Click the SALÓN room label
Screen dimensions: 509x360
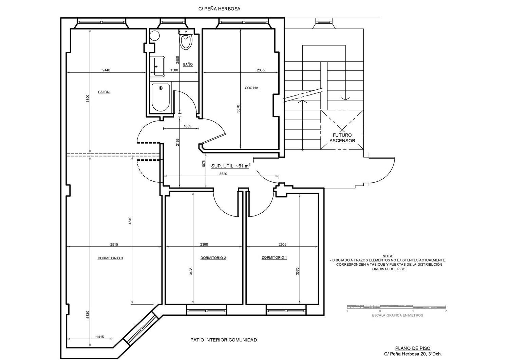click(104, 92)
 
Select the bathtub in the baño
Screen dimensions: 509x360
click(161, 98)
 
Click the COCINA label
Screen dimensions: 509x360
click(251, 88)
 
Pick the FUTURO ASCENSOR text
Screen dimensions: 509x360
click(342, 138)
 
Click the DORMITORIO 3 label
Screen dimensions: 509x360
click(110, 258)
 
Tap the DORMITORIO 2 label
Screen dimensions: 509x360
click(213, 258)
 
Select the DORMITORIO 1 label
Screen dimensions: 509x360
click(274, 257)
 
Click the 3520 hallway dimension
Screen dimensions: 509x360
click(223, 174)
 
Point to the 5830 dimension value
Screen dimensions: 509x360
click(88, 315)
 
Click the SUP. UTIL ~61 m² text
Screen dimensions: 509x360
click(231, 166)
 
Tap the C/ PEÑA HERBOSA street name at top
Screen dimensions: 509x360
click(219, 9)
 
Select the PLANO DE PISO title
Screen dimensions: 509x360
click(413, 348)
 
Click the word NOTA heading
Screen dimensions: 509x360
click(388, 256)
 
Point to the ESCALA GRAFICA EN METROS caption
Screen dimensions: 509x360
click(397, 315)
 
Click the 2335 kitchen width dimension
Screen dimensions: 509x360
click(261, 70)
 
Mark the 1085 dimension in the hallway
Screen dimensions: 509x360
click(187, 126)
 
